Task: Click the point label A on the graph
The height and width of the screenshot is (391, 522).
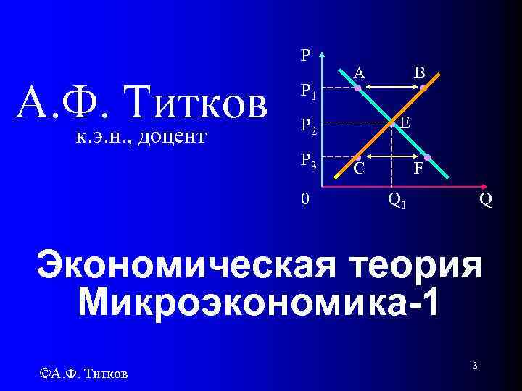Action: (x=360, y=72)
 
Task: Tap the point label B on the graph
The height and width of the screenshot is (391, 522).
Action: (x=419, y=72)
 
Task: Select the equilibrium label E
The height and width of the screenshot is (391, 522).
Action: (x=405, y=124)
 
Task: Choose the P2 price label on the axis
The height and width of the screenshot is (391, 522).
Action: (x=309, y=127)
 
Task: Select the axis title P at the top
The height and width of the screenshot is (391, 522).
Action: (x=305, y=55)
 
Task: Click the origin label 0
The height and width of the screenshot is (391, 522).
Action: (x=306, y=197)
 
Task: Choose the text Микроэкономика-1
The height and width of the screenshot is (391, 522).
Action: (x=257, y=301)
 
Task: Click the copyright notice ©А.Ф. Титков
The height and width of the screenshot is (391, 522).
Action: (x=85, y=373)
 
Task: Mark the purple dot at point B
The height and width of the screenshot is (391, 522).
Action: (x=424, y=88)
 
